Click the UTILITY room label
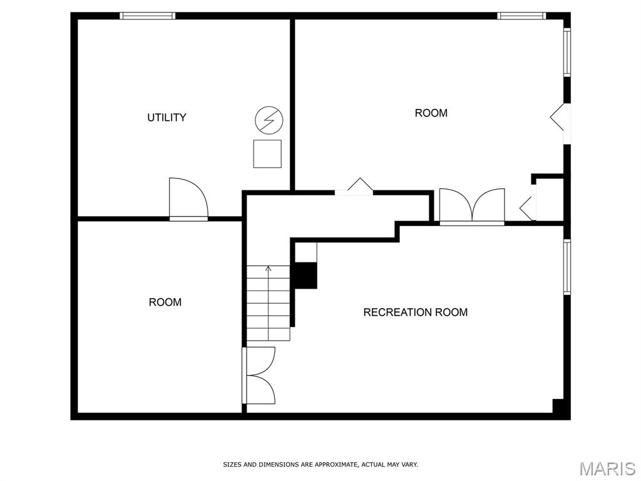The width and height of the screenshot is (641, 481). tap(167, 117)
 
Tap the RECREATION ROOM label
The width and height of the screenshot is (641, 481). tap(415, 312)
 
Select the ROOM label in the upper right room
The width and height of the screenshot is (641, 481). tap(431, 113)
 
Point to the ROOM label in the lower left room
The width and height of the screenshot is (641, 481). tap(165, 302)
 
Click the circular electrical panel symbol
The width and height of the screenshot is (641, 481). tap(269, 119)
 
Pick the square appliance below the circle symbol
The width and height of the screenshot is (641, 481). tap(267, 153)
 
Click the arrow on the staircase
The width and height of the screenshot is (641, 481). tap(269, 270)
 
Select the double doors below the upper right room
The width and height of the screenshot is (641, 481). tap(472, 206)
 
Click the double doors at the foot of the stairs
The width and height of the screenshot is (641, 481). tap(259, 375)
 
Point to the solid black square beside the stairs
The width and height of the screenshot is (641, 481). tap(305, 276)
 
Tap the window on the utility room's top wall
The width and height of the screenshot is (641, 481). tap(147, 16)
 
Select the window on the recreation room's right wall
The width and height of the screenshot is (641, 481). tap(567, 267)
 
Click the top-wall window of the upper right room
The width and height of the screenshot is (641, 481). tap(521, 16)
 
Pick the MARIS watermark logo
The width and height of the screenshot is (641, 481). tap(607, 468)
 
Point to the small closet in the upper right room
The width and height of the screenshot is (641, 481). tap(549, 199)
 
